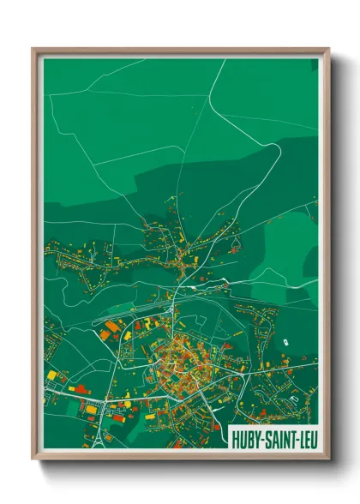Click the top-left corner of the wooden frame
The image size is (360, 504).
(x=33, y=49)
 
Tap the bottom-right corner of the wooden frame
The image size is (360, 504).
(x=328, y=459)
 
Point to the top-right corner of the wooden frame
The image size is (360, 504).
(x=328, y=49)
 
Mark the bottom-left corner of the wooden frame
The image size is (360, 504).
(x=33, y=459)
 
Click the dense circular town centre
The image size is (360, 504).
(x=176, y=364)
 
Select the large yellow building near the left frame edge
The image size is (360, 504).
(x=53, y=375)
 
